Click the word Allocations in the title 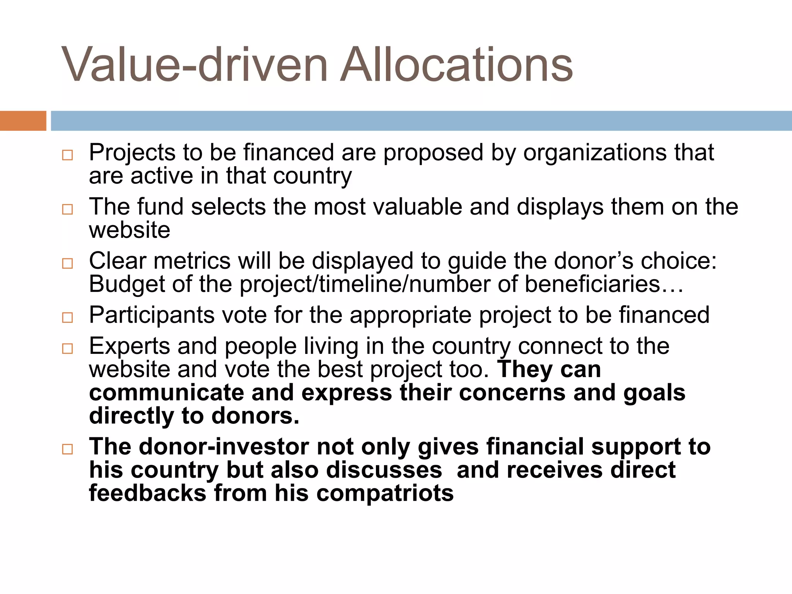coord(456,65)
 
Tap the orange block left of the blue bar coord(23,121)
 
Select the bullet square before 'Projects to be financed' coord(67,155)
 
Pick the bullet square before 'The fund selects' coord(67,209)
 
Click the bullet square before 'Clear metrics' coord(67,263)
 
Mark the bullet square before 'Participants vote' coord(67,317)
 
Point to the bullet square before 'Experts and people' coord(67,348)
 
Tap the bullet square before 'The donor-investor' coord(67,449)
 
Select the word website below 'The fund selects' coord(130,230)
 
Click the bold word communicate coord(167,393)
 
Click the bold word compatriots coord(385,493)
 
